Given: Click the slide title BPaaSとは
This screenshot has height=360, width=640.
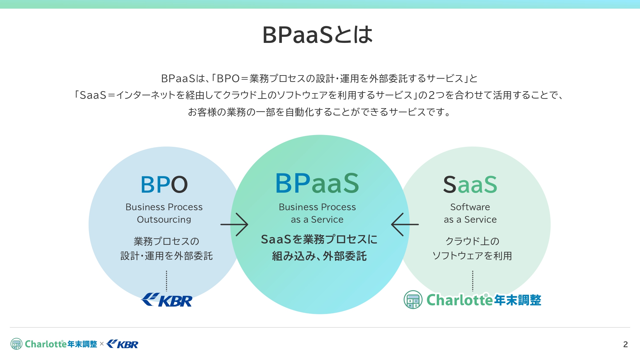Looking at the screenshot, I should point(317,35).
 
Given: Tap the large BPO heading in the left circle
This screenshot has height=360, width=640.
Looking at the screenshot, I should point(164,185).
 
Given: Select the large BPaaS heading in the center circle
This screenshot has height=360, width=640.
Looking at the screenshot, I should point(317,183).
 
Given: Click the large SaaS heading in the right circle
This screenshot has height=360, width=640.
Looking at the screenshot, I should point(470,185).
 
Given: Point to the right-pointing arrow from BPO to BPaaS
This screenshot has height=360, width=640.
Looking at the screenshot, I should point(234,224).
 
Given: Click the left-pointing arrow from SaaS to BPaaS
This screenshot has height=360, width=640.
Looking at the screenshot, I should point(405,224).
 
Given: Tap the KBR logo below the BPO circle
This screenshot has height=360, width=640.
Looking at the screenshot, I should point(167,300).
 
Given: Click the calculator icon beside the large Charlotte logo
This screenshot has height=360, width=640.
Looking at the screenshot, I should point(413,300).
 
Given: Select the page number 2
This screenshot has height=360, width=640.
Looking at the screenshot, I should point(625,344).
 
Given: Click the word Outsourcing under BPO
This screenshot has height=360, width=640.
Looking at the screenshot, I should point(164,220).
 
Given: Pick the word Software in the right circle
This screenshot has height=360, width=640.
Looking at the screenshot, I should point(470,207).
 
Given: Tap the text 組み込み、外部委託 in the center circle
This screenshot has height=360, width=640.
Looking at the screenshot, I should point(319,256).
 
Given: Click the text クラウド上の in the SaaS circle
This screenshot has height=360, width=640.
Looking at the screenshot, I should point(472,241).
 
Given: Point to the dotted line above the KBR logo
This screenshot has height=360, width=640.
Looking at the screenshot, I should point(166,281).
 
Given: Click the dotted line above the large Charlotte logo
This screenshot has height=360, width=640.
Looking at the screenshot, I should point(473,281).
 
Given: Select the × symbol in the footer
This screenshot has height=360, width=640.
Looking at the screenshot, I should point(102,344).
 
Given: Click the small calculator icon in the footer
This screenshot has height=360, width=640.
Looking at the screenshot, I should point(16,344).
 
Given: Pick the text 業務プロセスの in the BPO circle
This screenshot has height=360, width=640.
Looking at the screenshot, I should point(166,241).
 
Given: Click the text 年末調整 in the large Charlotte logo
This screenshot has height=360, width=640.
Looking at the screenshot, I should point(517,300).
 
